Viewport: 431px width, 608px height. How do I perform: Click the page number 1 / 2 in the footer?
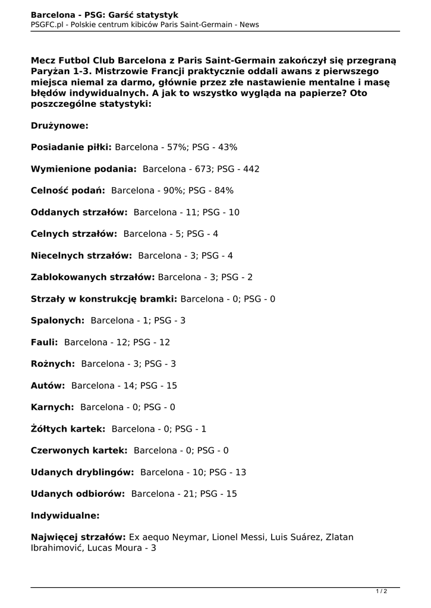(x=381, y=591)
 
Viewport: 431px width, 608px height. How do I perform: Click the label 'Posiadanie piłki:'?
(x=71, y=147)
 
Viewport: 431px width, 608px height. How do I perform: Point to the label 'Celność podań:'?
(x=68, y=191)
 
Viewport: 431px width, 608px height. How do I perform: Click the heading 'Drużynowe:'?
(x=59, y=126)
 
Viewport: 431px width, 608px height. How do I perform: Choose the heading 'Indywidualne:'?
(x=65, y=515)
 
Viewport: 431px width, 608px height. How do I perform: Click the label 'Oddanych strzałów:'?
(x=79, y=213)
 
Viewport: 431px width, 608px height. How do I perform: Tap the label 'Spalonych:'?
(x=57, y=321)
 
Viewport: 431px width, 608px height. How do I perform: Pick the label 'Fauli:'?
(x=44, y=343)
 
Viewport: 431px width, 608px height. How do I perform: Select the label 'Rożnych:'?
(x=53, y=364)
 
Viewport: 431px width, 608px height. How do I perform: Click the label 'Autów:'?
(x=48, y=386)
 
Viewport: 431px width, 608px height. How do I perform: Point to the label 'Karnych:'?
(x=52, y=407)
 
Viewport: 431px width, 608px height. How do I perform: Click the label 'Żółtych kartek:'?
(x=68, y=429)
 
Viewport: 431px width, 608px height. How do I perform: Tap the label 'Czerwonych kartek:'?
(x=79, y=451)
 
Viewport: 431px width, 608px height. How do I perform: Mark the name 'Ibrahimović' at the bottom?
(x=56, y=548)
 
